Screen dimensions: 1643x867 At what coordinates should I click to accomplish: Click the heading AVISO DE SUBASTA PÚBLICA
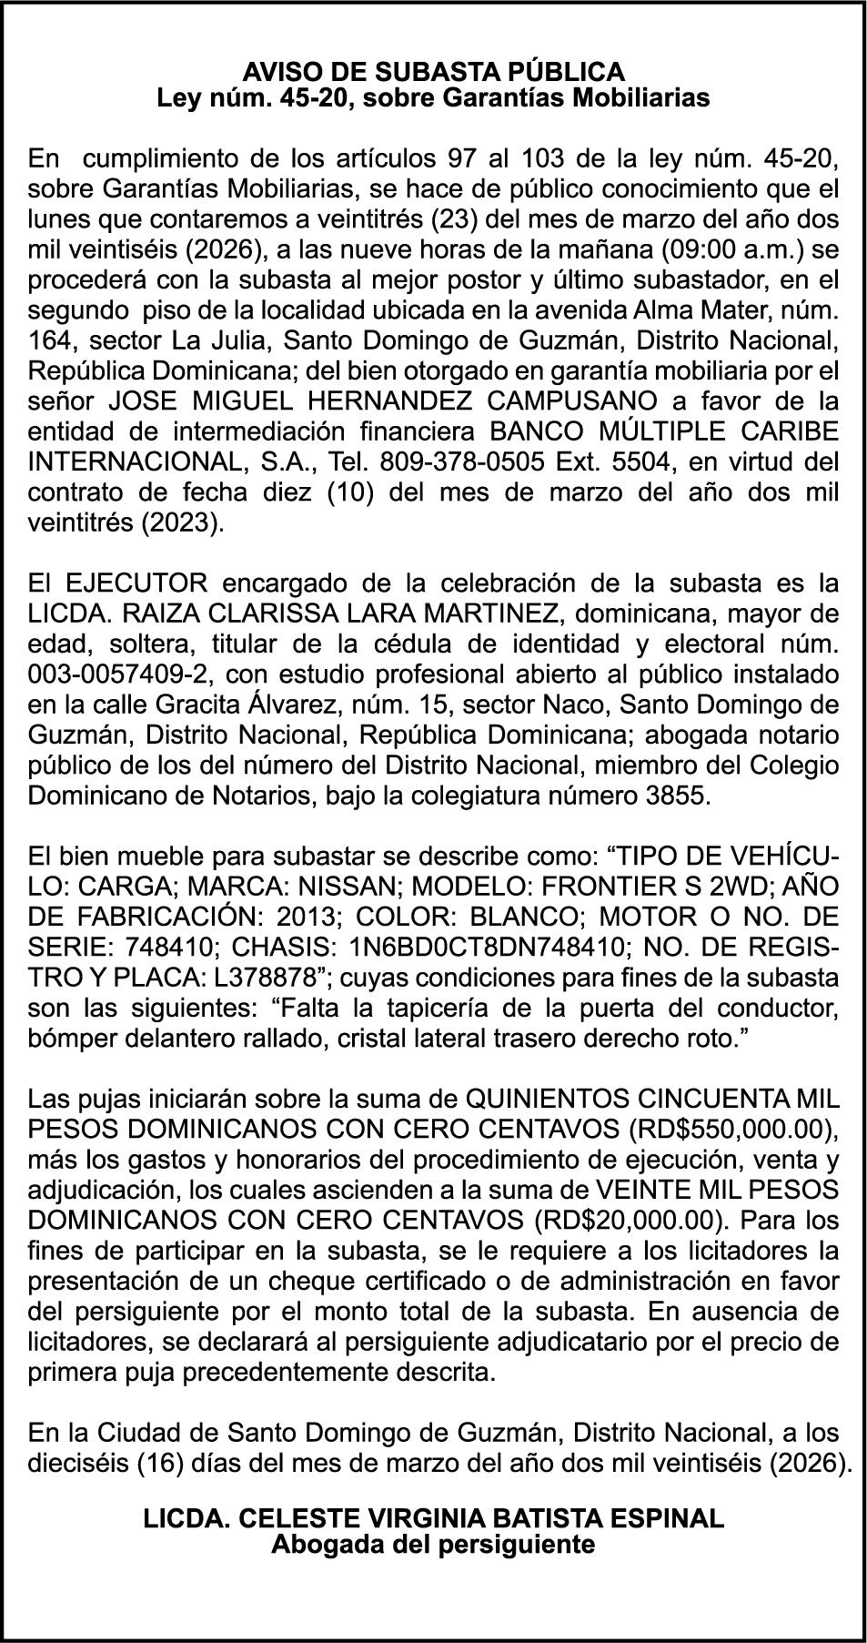coord(433,71)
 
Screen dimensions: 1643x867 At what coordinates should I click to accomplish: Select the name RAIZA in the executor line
coord(161,614)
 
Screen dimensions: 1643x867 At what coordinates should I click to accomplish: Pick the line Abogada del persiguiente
coord(433,1544)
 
